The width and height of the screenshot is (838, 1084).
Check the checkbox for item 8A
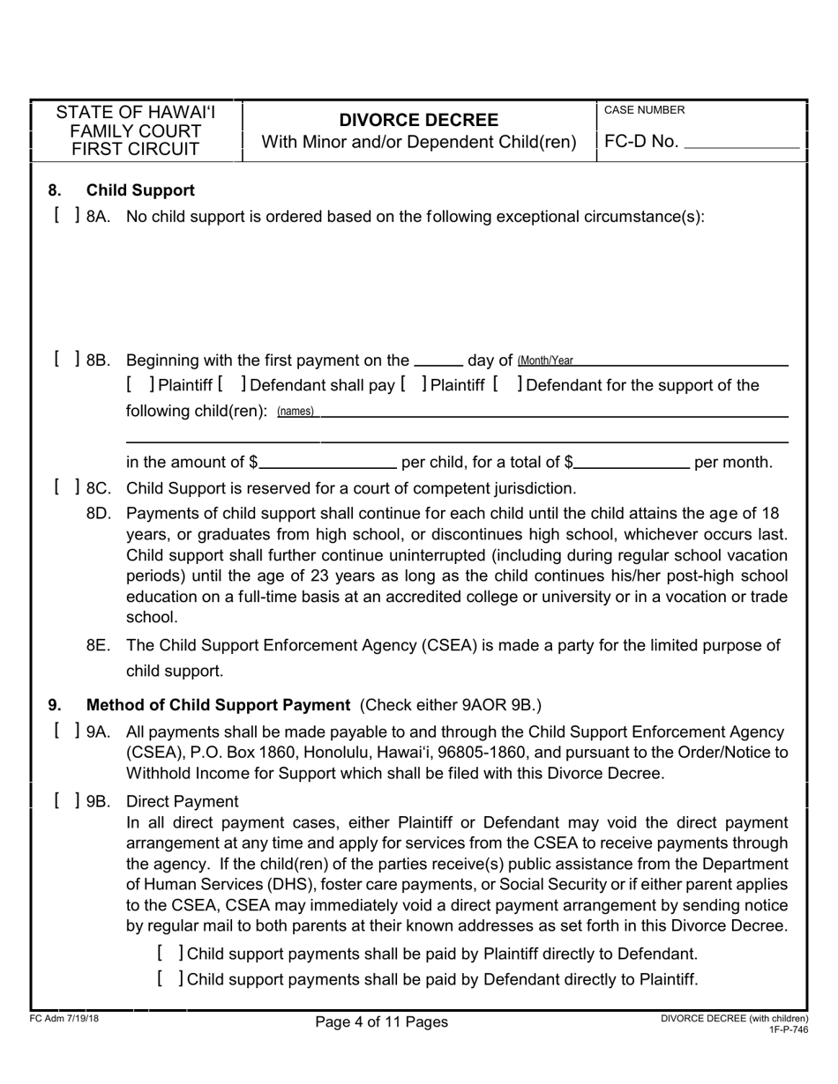pyautogui.click(x=66, y=216)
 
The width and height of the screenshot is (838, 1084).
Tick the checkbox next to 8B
pyautogui.click(x=66, y=360)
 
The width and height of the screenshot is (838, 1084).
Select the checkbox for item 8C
pyautogui.click(x=66, y=487)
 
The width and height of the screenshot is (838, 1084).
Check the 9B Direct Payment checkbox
pyautogui.click(x=66, y=801)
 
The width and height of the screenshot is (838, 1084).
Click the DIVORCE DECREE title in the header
pyautogui.click(x=419, y=120)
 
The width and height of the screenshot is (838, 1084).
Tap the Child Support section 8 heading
pyautogui.click(x=140, y=190)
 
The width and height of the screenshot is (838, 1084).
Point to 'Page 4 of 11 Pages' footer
pyautogui.click(x=382, y=1022)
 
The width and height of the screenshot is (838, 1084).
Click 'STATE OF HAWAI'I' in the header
pyautogui.click(x=135, y=113)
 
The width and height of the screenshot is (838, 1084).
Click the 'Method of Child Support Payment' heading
pyautogui.click(x=218, y=704)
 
